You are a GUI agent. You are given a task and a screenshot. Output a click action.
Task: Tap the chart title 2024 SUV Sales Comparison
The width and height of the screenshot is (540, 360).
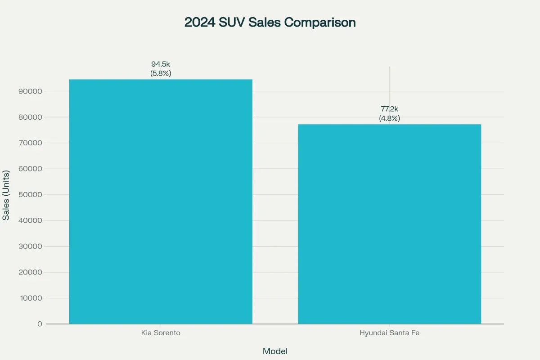pos(270,22)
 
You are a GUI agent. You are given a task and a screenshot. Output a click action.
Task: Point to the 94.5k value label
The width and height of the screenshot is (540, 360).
pos(161,64)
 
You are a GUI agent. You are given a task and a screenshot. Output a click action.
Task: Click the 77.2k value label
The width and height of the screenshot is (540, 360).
pos(389,109)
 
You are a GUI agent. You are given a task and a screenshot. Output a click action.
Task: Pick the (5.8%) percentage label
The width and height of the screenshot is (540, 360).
pos(161,73)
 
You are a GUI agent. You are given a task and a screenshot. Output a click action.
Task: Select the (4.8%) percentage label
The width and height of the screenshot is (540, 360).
pos(389,118)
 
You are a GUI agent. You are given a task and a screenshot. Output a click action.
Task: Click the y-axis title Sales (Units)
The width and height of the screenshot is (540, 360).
pos(6,195)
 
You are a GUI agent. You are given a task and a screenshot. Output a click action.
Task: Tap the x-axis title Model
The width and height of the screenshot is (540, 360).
pos(275,351)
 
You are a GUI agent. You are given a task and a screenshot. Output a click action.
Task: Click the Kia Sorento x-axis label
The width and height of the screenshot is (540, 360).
pos(161,333)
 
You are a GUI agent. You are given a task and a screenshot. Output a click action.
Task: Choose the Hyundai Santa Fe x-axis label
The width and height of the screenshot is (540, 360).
pos(389,333)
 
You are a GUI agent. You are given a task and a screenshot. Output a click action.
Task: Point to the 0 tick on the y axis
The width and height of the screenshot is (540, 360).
pos(40,324)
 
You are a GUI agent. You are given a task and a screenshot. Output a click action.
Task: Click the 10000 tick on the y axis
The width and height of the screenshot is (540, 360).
pos(31,298)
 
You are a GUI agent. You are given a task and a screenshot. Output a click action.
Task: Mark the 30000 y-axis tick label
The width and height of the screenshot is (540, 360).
pos(31,247)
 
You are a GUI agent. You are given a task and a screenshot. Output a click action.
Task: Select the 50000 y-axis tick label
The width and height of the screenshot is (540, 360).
pos(31,195)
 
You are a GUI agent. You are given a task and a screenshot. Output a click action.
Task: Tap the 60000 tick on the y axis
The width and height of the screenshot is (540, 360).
pos(31,169)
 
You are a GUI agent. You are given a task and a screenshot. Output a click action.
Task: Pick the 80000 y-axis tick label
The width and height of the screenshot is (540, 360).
pos(31,117)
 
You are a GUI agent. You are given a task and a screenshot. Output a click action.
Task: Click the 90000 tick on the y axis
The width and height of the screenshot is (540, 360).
pos(31,91)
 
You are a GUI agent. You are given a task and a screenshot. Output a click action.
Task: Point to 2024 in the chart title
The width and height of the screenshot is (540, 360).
pos(199,22)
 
